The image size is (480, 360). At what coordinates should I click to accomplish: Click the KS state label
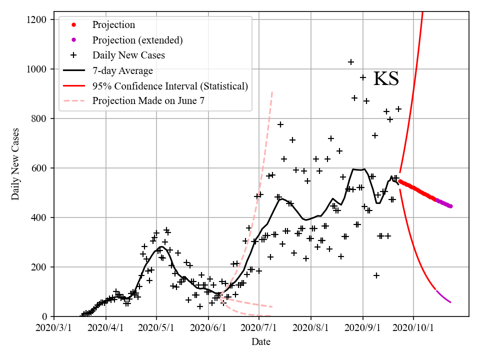[386, 79]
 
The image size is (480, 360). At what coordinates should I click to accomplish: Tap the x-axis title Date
[261, 342]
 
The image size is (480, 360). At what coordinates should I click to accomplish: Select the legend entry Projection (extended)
[137, 40]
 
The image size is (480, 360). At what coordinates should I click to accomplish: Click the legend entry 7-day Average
[122, 70]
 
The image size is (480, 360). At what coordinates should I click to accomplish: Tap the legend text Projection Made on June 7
[148, 101]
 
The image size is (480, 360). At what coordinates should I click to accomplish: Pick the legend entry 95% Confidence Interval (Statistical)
[170, 86]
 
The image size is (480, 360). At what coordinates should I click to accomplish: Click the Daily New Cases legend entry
[128, 55]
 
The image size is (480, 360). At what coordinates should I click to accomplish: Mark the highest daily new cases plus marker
[351, 62]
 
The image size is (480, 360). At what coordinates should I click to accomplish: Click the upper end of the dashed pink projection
[272, 92]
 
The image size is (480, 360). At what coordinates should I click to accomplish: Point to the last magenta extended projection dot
[450, 206]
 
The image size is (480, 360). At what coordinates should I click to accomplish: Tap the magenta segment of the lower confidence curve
[443, 296]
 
